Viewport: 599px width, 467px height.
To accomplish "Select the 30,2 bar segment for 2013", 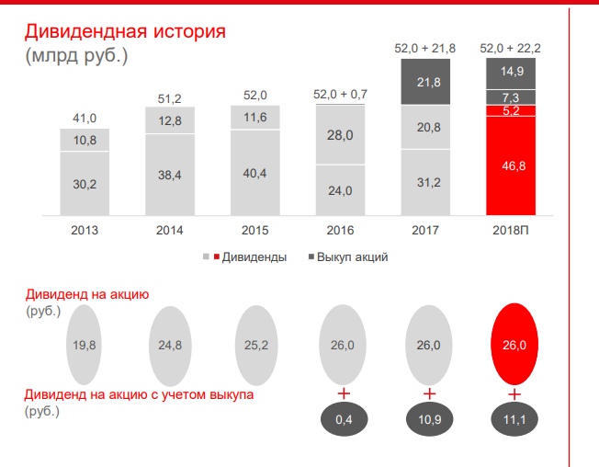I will pos(84,183).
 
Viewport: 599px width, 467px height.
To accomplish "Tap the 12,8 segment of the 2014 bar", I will pos(169,120).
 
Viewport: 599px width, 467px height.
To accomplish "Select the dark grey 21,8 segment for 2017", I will pos(425,83).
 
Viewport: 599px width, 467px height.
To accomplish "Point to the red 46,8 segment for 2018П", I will pos(511,167).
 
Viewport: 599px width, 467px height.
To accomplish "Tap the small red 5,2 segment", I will pos(511,111).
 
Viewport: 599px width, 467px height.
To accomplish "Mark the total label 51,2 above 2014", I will pos(169,97).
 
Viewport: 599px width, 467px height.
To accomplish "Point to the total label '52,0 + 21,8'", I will pos(425,48).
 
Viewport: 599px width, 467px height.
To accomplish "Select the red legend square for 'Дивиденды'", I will pos(217,256).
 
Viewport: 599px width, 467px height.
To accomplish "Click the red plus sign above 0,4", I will pos(343,394).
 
